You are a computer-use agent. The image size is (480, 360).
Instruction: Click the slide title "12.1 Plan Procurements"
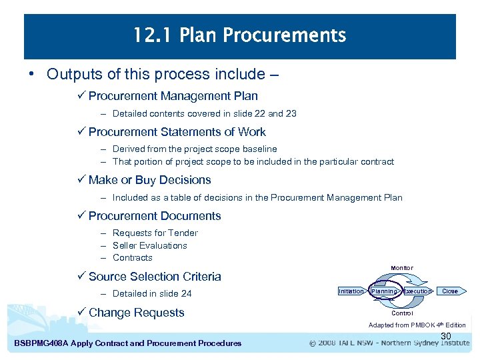pos(239,35)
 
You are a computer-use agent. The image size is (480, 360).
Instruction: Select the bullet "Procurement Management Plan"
pos(173,96)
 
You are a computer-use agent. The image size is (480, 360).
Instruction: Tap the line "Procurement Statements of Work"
pos(177,132)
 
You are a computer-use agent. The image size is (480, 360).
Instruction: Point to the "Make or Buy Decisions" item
pos(149,180)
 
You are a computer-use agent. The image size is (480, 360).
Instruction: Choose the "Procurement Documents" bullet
pos(154,216)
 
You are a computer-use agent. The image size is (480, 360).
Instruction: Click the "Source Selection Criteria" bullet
pos(154,277)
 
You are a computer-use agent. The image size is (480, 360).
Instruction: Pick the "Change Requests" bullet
pos(136,313)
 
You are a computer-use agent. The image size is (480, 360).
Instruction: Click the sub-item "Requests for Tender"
pos(155,233)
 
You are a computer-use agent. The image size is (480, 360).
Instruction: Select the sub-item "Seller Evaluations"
pos(149,245)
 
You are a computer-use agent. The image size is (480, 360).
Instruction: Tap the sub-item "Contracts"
pos(132,257)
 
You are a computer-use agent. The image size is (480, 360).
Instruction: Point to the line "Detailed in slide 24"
pos(152,293)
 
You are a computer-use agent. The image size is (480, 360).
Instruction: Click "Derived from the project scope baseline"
pos(195,149)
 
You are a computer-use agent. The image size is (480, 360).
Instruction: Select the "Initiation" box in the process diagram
pos(351,291)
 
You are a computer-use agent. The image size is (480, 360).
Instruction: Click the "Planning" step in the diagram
pos(384,291)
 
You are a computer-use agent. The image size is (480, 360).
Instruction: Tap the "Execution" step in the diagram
pos(417,291)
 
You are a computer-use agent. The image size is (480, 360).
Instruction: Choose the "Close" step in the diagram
pos(450,291)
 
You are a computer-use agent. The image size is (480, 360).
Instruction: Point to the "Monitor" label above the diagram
pos(401,268)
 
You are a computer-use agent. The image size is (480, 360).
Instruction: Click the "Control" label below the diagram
pos(402,313)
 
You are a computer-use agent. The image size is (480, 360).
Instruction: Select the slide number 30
pos(446,336)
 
